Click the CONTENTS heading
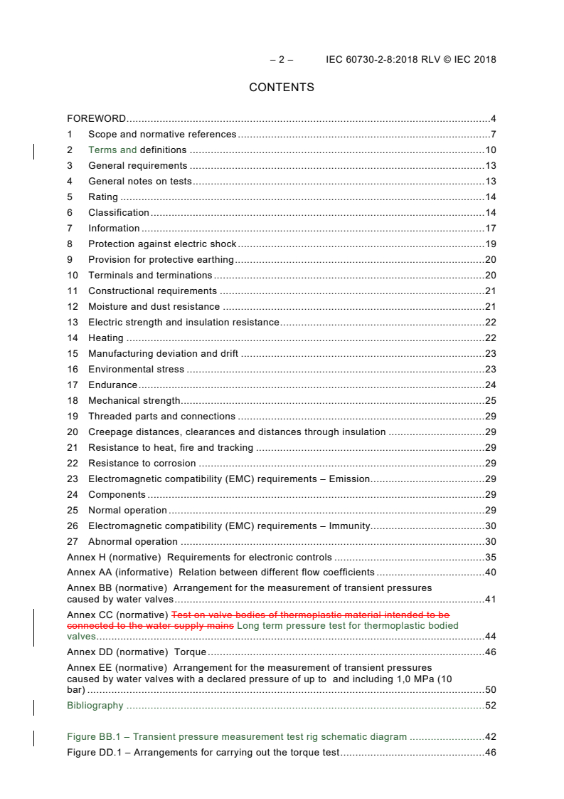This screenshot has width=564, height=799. tap(282, 88)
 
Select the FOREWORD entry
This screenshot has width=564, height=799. tap(96, 119)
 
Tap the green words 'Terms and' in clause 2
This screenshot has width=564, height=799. tap(112, 150)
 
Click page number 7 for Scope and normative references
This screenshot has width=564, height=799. tap(493, 135)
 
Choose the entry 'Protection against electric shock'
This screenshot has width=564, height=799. tap(162, 244)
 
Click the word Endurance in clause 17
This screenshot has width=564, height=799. tap(112, 385)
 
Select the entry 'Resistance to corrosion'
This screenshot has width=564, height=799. tap(142, 464)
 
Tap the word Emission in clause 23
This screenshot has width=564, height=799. tap(349, 479)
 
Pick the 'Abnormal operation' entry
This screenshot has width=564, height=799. tap(133, 542)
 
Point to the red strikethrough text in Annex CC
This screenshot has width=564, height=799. tap(310, 615)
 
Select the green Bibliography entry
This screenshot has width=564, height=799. tap(95, 706)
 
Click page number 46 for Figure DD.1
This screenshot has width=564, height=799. tap(490, 753)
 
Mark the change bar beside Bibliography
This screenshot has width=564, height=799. tap(34, 706)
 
